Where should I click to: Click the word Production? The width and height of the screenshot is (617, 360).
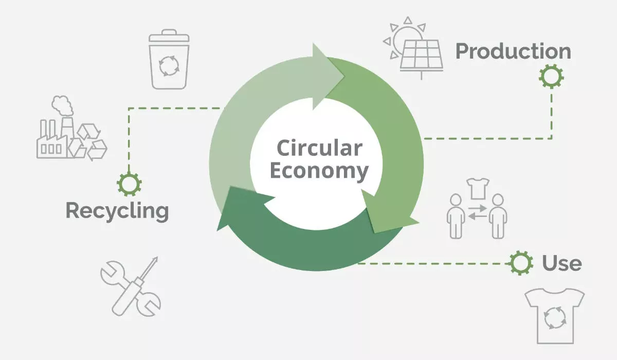(513, 51)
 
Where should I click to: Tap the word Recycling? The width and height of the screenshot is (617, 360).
(117, 211)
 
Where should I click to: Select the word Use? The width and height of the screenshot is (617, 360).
(562, 263)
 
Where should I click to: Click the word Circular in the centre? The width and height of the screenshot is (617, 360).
(319, 148)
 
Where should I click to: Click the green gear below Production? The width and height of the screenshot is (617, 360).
(551, 76)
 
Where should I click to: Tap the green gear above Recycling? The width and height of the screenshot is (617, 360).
(129, 184)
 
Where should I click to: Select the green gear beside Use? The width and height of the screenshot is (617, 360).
(520, 263)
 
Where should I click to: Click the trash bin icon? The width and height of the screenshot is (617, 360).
(169, 59)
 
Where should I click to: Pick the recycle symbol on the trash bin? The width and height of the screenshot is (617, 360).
(169, 66)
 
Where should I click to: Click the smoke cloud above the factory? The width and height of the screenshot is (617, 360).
(63, 105)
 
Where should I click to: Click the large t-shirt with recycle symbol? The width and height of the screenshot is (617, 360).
(554, 316)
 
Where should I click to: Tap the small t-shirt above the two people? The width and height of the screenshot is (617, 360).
(478, 189)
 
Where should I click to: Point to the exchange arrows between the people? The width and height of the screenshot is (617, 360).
(477, 212)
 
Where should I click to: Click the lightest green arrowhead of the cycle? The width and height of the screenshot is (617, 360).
(329, 76)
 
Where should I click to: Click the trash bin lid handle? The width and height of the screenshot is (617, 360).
(169, 32)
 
